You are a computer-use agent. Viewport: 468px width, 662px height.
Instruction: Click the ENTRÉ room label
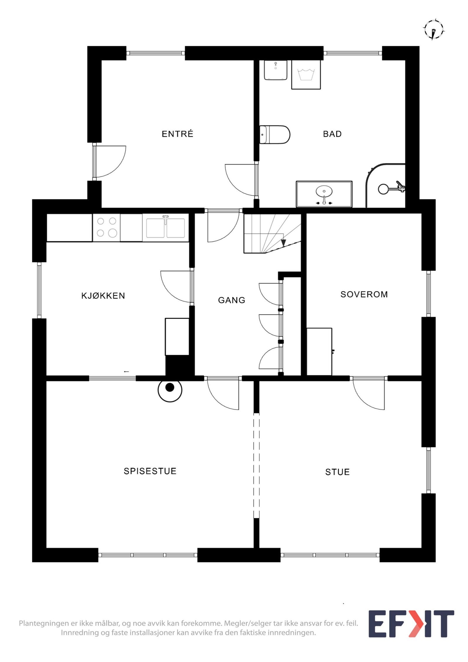point(177,134)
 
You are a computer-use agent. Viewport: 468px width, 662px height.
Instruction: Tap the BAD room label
point(332,134)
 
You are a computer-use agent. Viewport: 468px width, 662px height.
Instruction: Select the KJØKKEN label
point(103,296)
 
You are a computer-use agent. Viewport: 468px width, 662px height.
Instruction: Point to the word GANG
point(231,300)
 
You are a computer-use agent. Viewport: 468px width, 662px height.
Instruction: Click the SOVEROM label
point(364,294)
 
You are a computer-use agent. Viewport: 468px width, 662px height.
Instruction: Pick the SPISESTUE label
point(150,471)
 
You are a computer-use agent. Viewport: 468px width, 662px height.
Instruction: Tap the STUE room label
point(337,472)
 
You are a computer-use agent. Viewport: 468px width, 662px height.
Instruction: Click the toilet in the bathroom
point(274,135)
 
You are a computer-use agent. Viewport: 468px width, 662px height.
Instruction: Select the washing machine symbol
point(306,75)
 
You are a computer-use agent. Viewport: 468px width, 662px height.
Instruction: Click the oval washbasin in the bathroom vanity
point(324,192)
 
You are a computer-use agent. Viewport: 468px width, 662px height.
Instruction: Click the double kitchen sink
point(166,228)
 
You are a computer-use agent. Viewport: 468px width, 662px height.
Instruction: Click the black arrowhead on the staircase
point(283,243)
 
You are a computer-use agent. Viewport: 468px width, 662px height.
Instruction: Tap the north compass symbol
point(434,30)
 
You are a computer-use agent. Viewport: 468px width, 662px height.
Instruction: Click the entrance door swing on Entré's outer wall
point(109,161)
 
